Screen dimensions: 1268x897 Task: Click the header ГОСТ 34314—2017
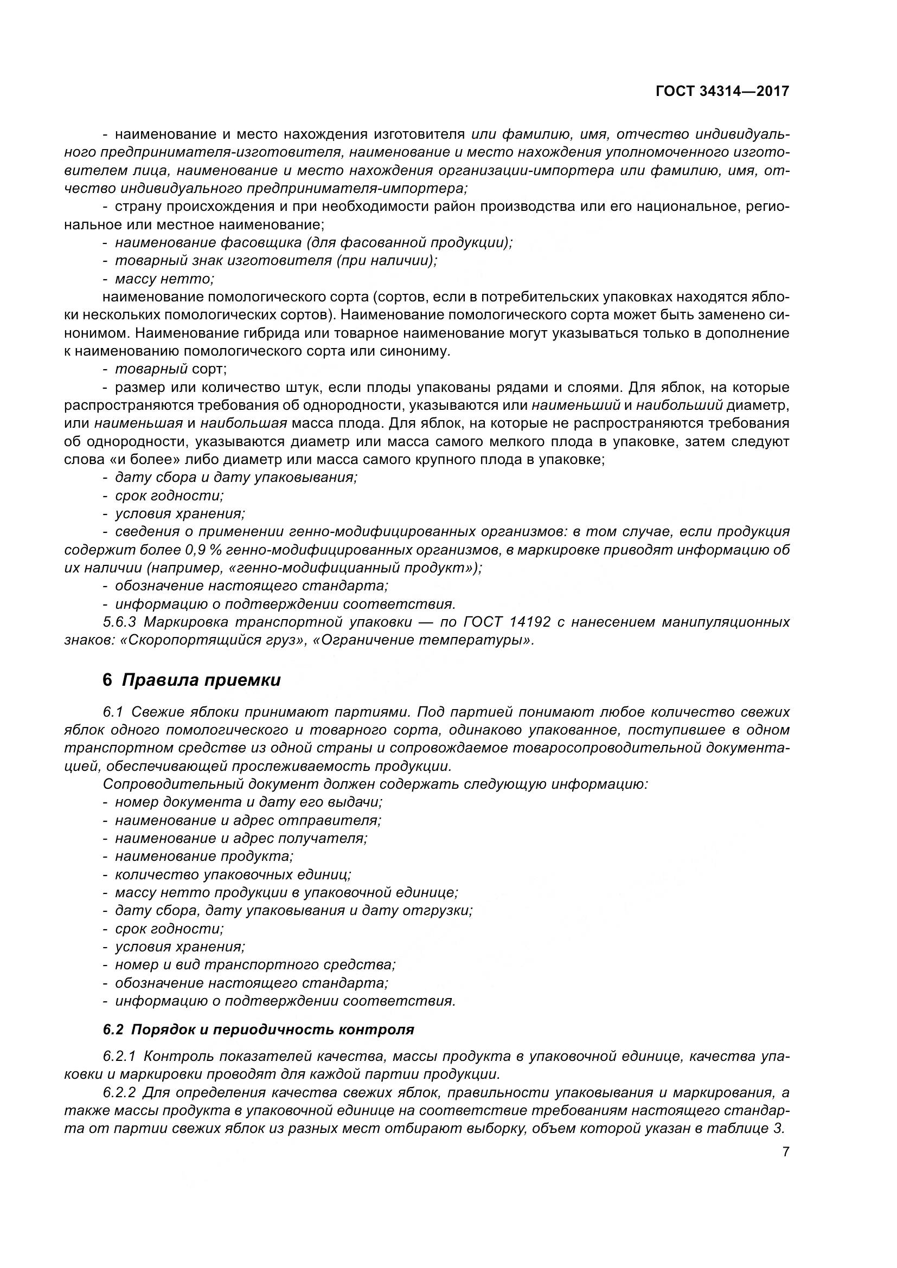tap(722, 91)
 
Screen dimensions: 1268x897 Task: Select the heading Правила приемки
tap(201, 680)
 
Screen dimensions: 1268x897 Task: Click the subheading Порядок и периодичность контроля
tap(258, 1029)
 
